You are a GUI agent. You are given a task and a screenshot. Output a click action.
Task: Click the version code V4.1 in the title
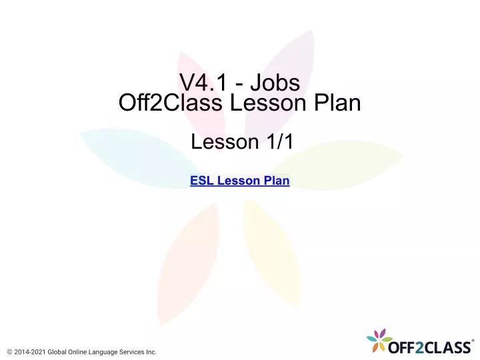click(203, 83)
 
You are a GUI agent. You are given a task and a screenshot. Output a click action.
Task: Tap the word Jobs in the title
click(275, 83)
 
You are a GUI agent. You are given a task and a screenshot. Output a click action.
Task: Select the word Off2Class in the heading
click(170, 102)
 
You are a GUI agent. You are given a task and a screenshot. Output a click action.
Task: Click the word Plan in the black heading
click(337, 102)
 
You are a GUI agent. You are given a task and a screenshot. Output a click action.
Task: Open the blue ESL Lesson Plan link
click(240, 180)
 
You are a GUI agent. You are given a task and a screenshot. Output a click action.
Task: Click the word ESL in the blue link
click(202, 180)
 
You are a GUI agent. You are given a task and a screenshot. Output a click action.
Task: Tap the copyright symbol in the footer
click(9, 352)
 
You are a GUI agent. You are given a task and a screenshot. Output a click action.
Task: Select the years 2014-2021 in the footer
click(30, 352)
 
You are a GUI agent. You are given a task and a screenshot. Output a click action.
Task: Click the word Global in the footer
click(57, 352)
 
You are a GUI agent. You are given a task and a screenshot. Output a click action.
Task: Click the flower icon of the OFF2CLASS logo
click(379, 340)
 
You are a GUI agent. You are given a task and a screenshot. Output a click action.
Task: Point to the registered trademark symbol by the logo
click(473, 341)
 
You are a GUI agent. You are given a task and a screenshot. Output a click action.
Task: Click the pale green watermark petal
click(337, 165)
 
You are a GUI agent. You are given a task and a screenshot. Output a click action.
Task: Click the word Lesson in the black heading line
click(268, 102)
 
